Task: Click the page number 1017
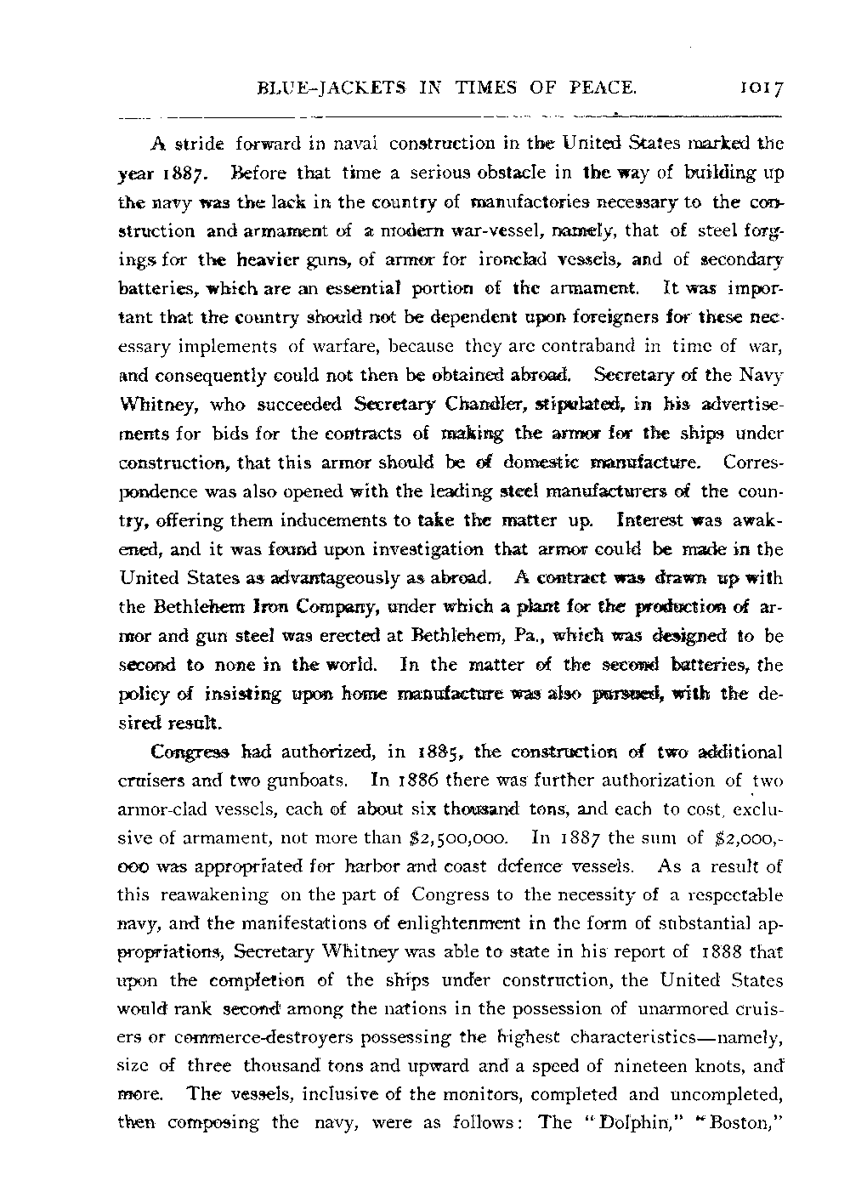point(761,87)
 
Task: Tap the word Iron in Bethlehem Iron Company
point(262,607)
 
